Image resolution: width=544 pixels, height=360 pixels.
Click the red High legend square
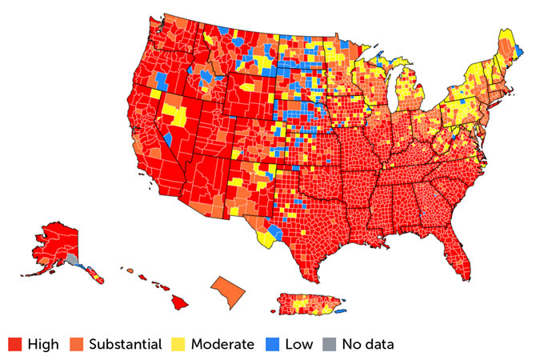pos(14,345)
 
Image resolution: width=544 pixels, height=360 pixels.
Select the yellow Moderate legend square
pos(176,345)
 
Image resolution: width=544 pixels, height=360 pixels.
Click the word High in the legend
pos(42,345)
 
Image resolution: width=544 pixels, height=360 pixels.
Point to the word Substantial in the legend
pos(125,345)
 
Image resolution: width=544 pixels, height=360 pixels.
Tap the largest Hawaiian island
pos(179,302)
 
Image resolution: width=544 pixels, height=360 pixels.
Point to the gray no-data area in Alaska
pos(71,258)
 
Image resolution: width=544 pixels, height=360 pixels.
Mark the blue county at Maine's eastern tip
pos(520,52)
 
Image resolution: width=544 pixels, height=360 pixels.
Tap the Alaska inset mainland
pos(56,240)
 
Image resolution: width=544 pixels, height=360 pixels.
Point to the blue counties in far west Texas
pos(274,232)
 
